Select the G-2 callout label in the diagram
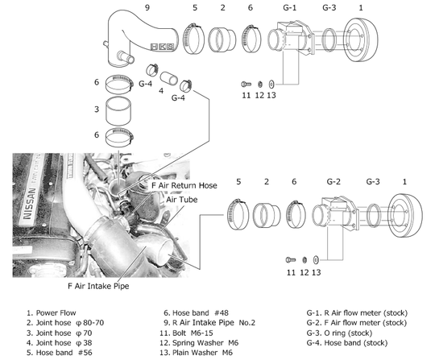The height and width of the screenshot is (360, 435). pyautogui.click(x=335, y=183)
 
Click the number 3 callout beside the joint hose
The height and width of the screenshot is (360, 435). pyautogui.click(x=96, y=109)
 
